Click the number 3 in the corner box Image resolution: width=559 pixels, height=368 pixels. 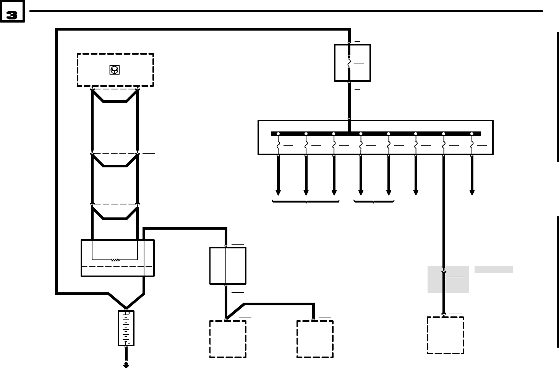[12, 15]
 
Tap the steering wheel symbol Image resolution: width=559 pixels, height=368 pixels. [114, 70]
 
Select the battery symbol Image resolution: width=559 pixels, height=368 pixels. [126, 328]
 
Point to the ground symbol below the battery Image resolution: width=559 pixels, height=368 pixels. [126, 365]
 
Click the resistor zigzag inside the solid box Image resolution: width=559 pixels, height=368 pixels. [115, 260]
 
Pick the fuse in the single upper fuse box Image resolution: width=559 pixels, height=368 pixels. [349, 63]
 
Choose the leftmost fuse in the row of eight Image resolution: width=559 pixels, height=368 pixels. [278, 145]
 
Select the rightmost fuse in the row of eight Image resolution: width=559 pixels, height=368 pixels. [472, 145]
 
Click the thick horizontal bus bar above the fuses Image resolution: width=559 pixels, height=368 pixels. [376, 134]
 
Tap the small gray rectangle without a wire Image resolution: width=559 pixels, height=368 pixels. [494, 269]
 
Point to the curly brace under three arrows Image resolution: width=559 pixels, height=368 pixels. [306, 201]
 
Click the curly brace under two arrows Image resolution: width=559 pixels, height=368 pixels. [374, 201]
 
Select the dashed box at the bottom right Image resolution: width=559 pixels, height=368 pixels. [445, 335]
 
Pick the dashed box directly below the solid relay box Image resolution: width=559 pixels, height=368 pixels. [228, 339]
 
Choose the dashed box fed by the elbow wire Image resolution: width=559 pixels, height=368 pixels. [315, 339]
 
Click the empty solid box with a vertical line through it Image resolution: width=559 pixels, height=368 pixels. [228, 266]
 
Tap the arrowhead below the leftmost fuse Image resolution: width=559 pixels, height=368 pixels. [278, 192]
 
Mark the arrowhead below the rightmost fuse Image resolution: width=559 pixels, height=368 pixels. [472, 192]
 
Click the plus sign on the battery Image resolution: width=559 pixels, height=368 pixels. [129, 313]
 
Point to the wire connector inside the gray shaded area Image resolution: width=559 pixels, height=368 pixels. [444, 272]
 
